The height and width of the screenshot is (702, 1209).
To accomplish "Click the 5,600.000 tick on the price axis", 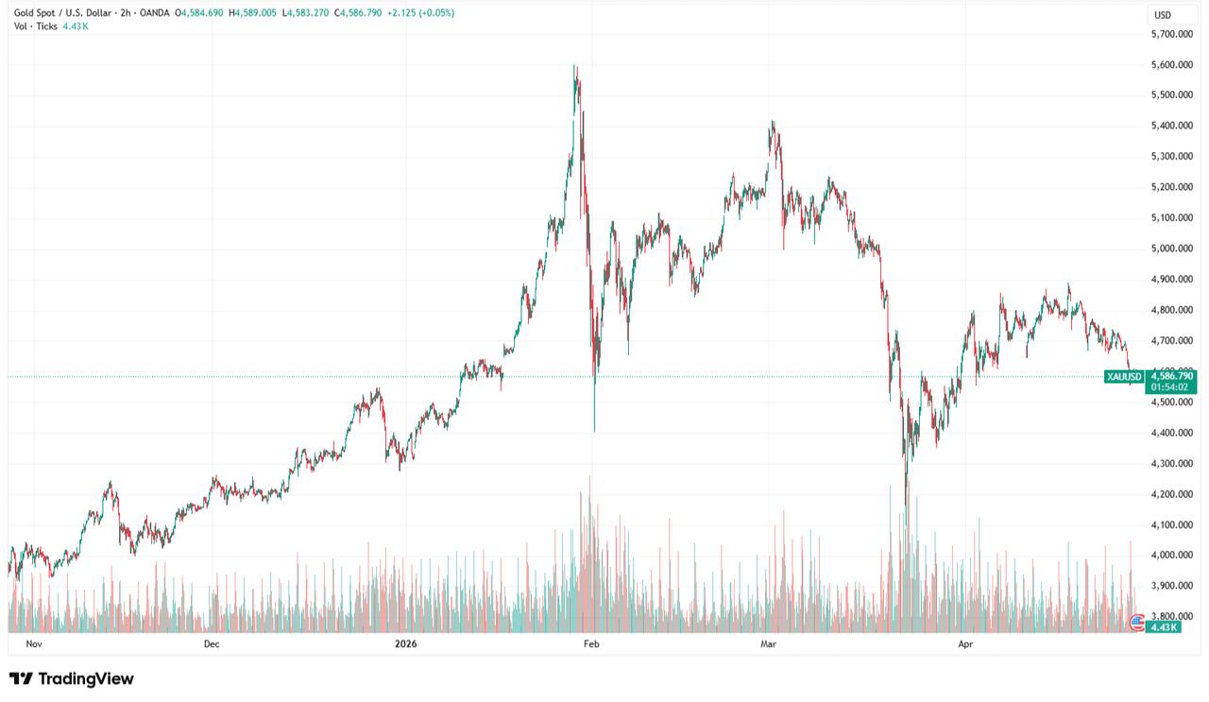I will point(1175,64).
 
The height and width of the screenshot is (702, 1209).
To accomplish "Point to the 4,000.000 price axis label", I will point(1175,555).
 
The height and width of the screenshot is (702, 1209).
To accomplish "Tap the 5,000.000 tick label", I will point(1175,248).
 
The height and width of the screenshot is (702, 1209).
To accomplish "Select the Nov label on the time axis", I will point(35,644).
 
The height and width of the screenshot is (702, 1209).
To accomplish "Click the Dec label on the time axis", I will point(211,644).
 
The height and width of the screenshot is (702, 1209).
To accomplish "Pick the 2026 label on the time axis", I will point(405,644).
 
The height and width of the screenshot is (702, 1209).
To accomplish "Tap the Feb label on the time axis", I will point(591,644).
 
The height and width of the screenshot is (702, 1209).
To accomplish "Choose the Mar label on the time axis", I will point(768,644).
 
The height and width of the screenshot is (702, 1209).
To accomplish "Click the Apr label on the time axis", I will point(965,644).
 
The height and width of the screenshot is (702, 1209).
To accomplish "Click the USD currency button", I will point(1163,15).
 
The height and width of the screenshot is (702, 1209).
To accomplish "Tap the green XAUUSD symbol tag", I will point(1124,376).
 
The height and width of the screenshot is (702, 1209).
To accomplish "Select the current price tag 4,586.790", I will point(1172,376).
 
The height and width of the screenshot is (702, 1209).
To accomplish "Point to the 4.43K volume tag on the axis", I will point(1161,626).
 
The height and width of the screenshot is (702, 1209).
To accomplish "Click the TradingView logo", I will point(72,678).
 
